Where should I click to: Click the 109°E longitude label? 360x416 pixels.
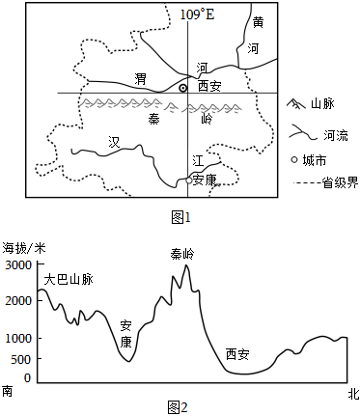pyautogui.click(x=197, y=14)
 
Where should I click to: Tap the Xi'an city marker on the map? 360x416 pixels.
pyautogui.click(x=182, y=88)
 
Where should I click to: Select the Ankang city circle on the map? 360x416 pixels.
pyautogui.click(x=189, y=180)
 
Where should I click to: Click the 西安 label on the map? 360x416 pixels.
pyautogui.click(x=209, y=86)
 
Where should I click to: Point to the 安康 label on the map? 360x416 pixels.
pyautogui.click(x=205, y=180)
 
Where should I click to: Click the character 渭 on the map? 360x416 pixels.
pyautogui.click(x=140, y=79)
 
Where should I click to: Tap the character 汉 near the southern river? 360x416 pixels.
pyautogui.click(x=114, y=142)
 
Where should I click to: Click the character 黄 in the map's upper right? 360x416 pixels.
pyautogui.click(x=258, y=22)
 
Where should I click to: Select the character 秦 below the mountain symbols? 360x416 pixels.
pyautogui.click(x=154, y=119)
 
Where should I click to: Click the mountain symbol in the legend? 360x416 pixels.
pyautogui.click(x=296, y=103)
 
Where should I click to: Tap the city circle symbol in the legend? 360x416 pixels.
pyautogui.click(x=294, y=159)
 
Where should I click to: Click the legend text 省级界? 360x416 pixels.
pyautogui.click(x=341, y=183)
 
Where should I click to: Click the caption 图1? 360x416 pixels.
pyautogui.click(x=180, y=218)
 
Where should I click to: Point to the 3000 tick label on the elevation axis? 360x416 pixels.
pyautogui.click(x=18, y=265)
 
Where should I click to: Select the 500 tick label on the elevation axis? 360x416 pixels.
pyautogui.click(x=21, y=359)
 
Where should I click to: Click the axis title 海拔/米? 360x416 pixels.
pyautogui.click(x=24, y=248)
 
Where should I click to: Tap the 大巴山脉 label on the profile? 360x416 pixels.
pyautogui.click(x=69, y=279)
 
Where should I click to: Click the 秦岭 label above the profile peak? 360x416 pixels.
pyautogui.click(x=182, y=254)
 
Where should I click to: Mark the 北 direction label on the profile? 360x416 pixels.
pyautogui.click(x=353, y=394)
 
